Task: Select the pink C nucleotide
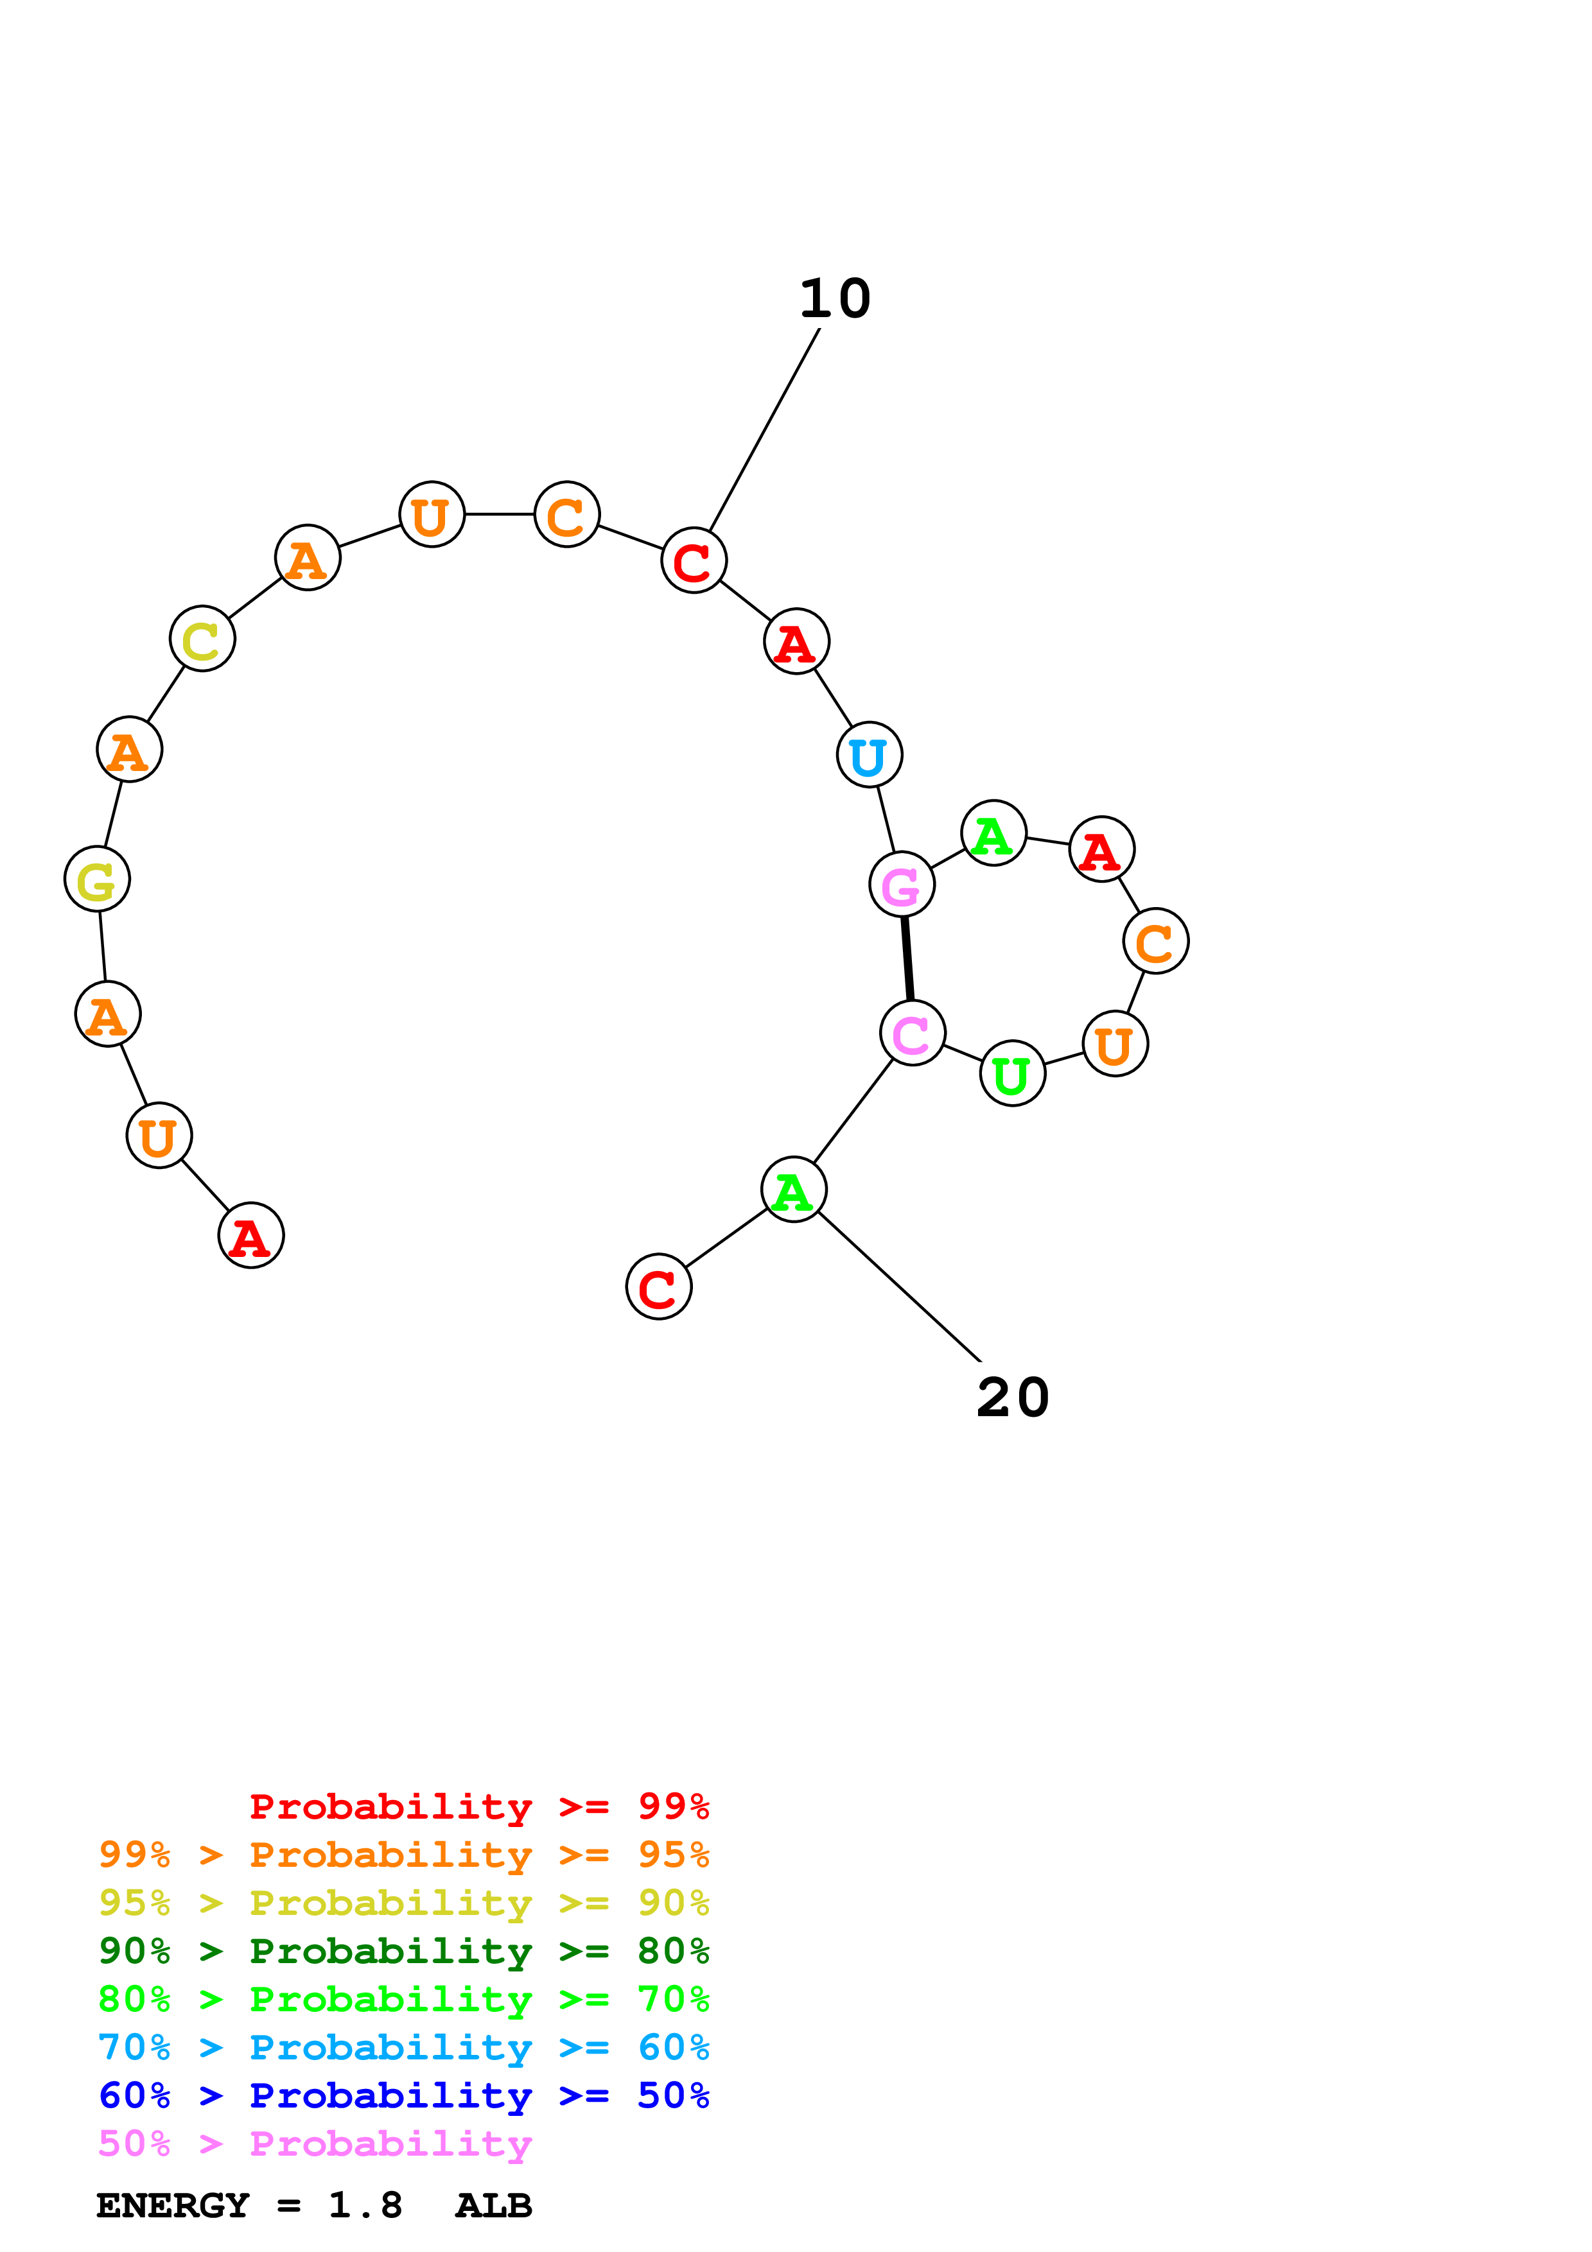point(912,1033)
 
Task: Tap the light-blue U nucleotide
point(869,755)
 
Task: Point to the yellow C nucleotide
point(202,639)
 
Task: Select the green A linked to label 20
point(794,1190)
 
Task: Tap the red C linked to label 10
point(694,561)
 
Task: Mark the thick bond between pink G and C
point(907,958)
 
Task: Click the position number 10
point(835,298)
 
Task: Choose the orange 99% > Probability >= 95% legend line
point(403,1855)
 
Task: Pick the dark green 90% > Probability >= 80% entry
point(403,1951)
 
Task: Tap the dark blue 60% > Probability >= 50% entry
point(403,2095)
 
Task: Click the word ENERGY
point(173,2205)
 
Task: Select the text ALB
point(493,2205)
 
